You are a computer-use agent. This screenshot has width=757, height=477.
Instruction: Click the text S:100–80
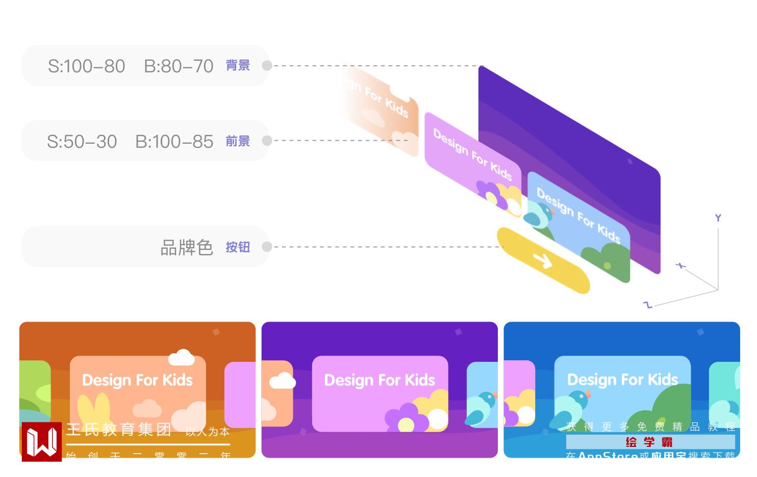(x=86, y=66)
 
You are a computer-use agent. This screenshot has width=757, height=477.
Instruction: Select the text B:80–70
(x=179, y=66)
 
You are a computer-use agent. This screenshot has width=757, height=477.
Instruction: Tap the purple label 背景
(x=238, y=66)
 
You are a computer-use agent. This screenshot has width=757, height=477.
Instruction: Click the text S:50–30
(x=82, y=142)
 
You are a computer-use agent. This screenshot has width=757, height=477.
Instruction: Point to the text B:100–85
(x=174, y=142)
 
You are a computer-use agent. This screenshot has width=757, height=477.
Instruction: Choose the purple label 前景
(x=238, y=141)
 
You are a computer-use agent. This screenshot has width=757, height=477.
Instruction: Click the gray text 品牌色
(x=187, y=248)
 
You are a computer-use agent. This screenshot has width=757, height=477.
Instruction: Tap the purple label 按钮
(x=238, y=247)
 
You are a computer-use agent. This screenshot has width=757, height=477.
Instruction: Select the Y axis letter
(x=718, y=218)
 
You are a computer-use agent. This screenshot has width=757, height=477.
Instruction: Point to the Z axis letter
(x=648, y=305)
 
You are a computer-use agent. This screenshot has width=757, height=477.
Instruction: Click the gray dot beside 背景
(x=267, y=66)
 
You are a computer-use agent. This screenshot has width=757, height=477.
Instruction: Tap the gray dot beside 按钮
(x=267, y=247)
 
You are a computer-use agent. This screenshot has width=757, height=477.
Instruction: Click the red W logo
(x=42, y=442)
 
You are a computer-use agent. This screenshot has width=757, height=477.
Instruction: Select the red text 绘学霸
(x=649, y=442)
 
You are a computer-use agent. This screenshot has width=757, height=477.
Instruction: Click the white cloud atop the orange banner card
(x=181, y=357)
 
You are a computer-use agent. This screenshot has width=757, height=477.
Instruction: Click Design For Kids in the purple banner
(x=380, y=380)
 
